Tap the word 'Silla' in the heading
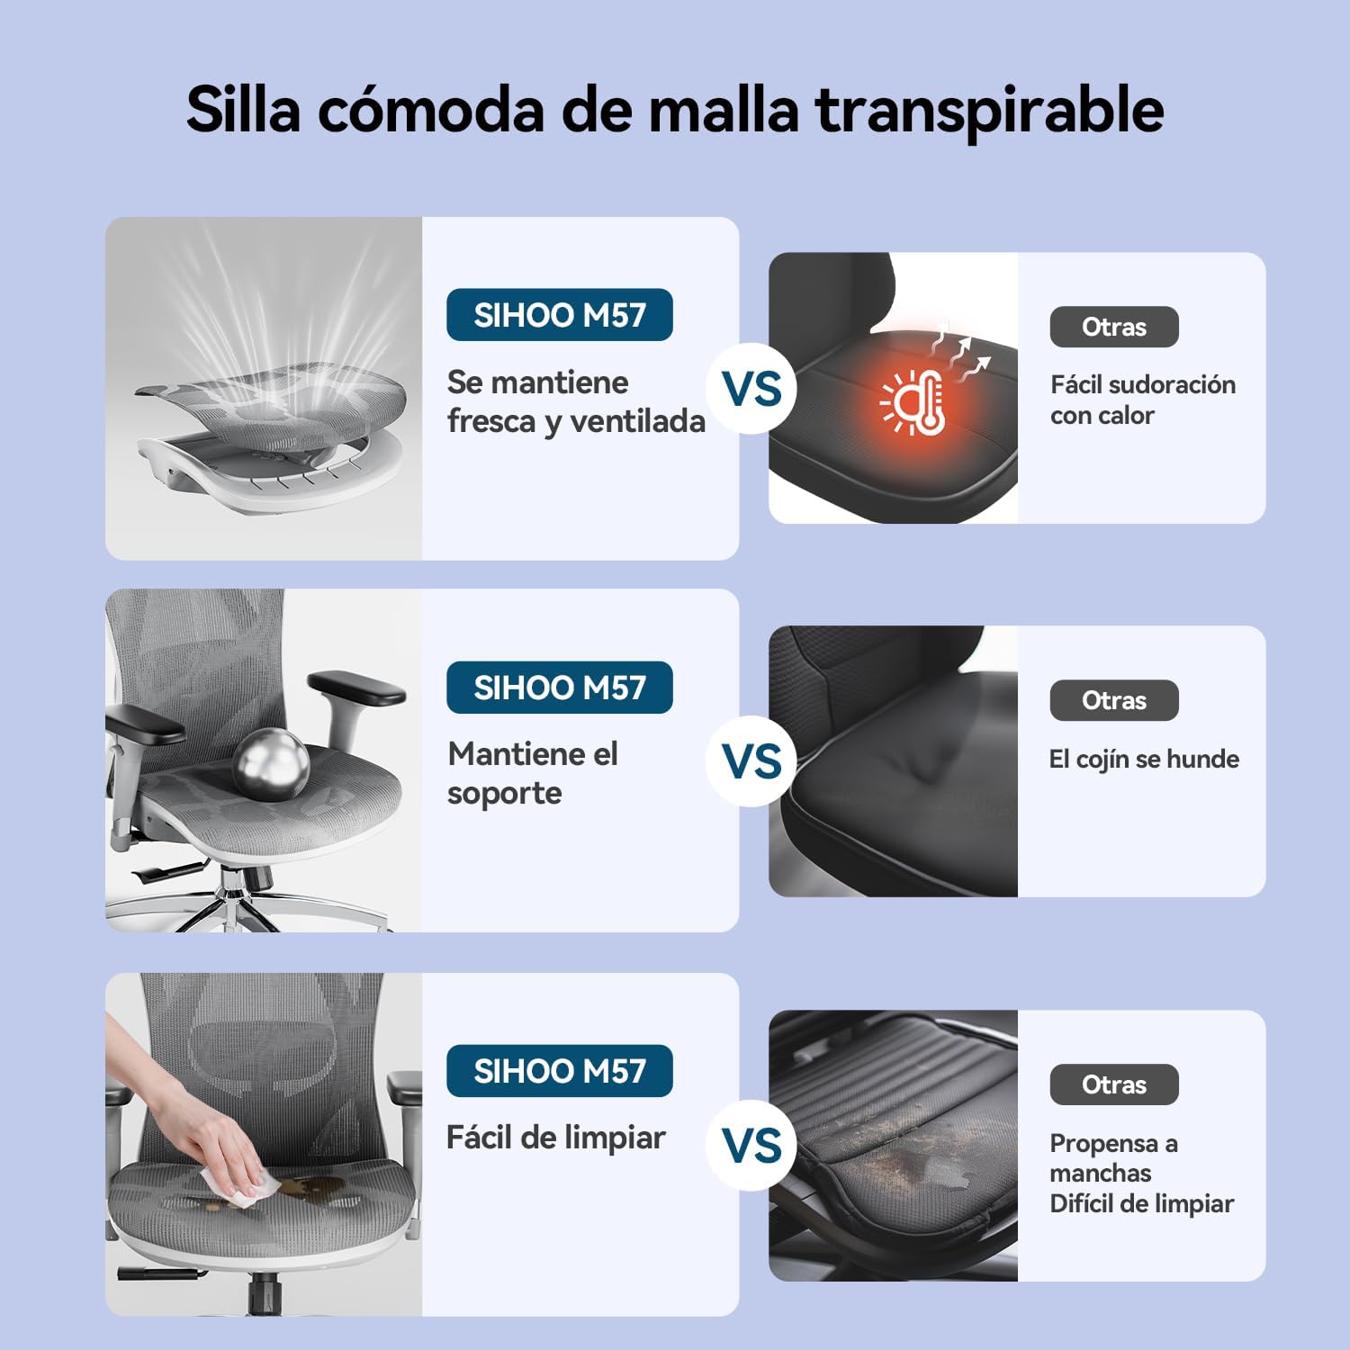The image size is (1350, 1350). (243, 109)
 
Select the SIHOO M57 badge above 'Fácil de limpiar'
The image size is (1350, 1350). (560, 1071)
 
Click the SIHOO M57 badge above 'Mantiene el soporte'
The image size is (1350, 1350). (560, 688)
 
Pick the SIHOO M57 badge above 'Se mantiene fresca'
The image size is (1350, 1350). (560, 315)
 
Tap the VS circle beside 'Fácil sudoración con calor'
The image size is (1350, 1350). (751, 389)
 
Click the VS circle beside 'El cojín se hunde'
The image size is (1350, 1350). (751, 761)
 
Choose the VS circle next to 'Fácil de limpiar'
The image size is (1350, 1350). (751, 1145)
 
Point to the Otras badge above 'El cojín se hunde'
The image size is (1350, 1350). (1114, 700)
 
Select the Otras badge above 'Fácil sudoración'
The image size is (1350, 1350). (1114, 327)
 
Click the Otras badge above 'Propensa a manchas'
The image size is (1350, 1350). (1114, 1084)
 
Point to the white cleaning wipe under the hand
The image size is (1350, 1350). (247, 1189)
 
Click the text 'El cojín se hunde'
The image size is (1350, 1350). (1144, 760)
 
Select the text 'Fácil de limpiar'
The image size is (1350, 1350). (556, 1138)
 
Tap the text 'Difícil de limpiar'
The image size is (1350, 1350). (1142, 1203)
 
